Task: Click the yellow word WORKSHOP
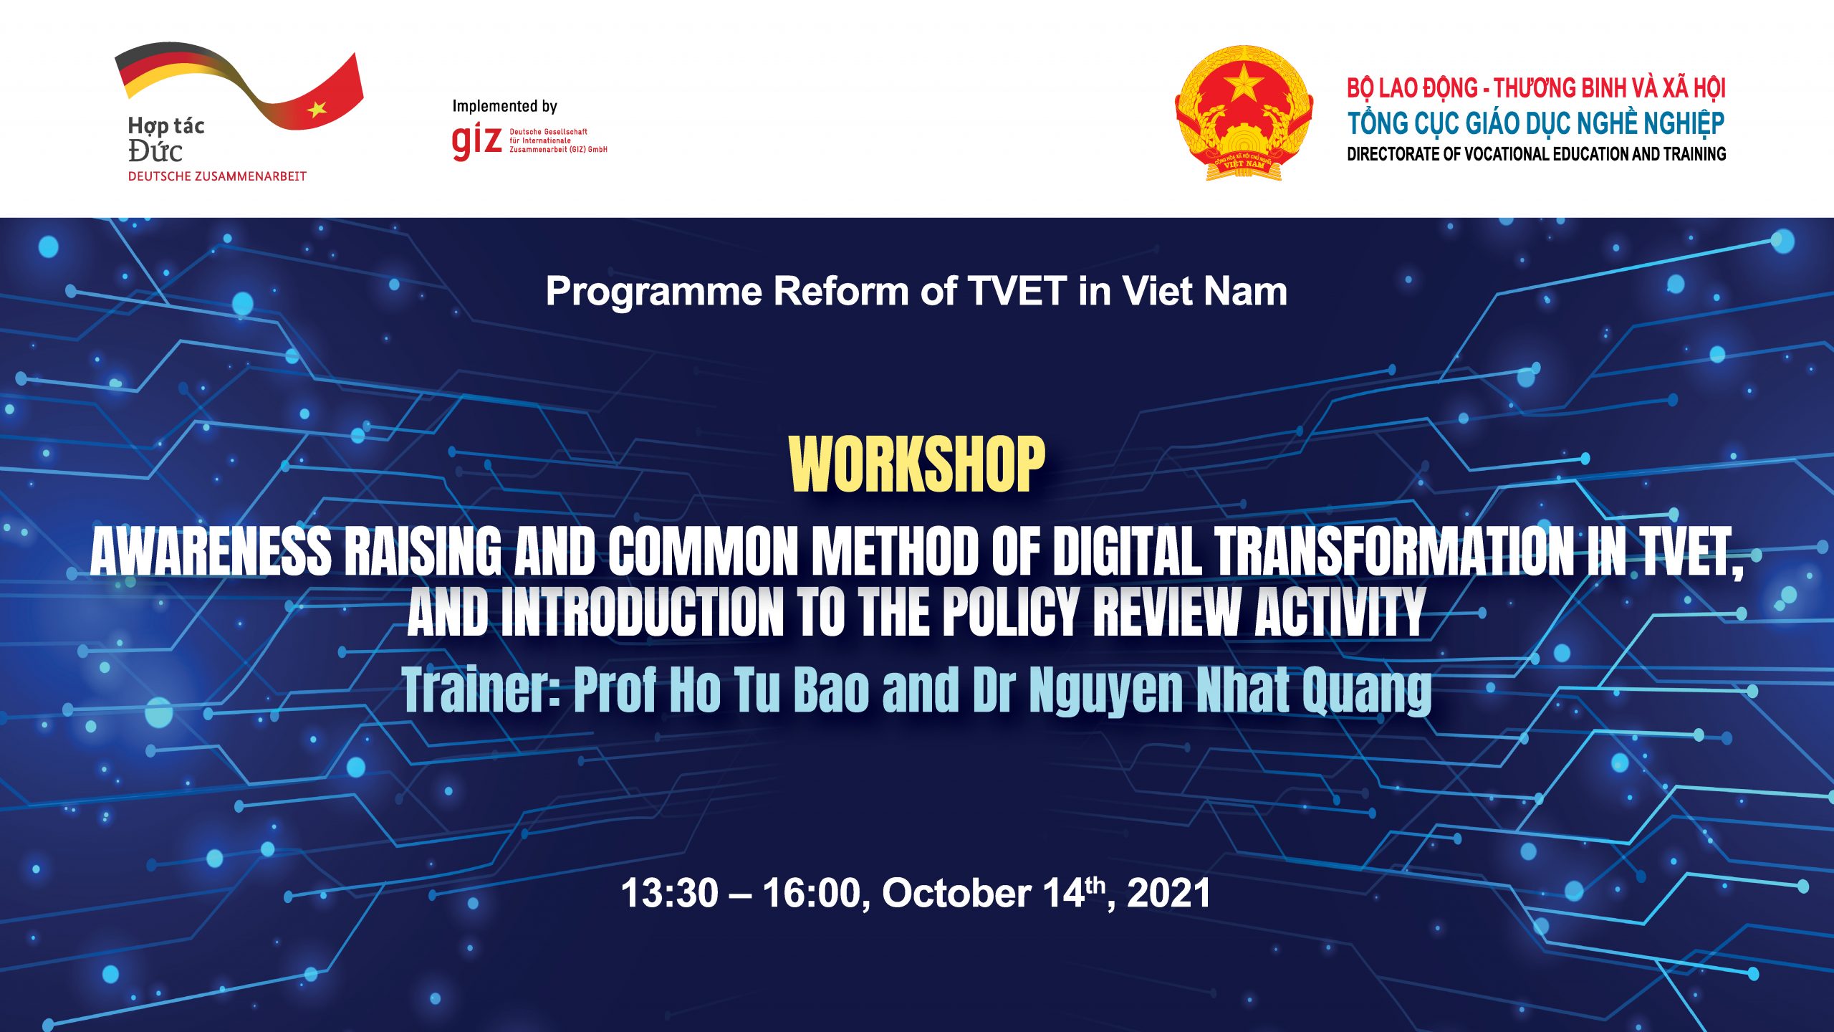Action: (x=916, y=464)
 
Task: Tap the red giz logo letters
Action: (x=476, y=140)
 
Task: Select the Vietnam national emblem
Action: (x=1244, y=113)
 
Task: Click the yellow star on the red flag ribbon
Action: (x=317, y=109)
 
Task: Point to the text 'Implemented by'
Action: (x=504, y=106)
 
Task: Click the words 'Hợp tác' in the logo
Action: (x=166, y=126)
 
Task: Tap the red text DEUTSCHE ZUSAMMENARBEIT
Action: (x=217, y=176)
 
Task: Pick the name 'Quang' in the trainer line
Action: (x=1367, y=692)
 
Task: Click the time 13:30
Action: (x=670, y=894)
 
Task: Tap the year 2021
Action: (x=1168, y=894)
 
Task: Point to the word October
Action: (x=956, y=894)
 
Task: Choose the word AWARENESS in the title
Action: (x=211, y=552)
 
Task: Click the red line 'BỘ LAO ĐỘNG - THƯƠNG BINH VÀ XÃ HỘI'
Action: (x=1536, y=88)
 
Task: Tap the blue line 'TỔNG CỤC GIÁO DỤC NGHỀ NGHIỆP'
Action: (x=1536, y=123)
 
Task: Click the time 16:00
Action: (x=812, y=894)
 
